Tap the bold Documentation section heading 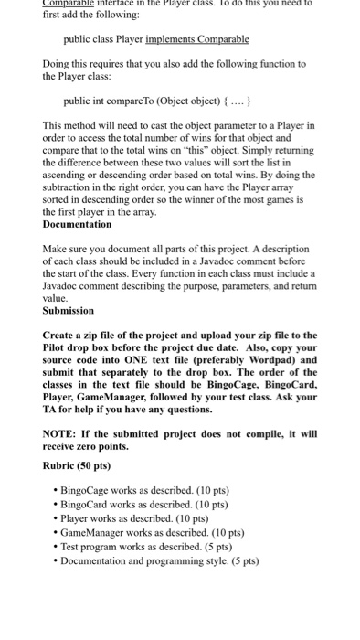pyautogui.click(x=78, y=224)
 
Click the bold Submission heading pyautogui.click(x=69, y=310)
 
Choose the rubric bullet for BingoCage pyautogui.click(x=139, y=491)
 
